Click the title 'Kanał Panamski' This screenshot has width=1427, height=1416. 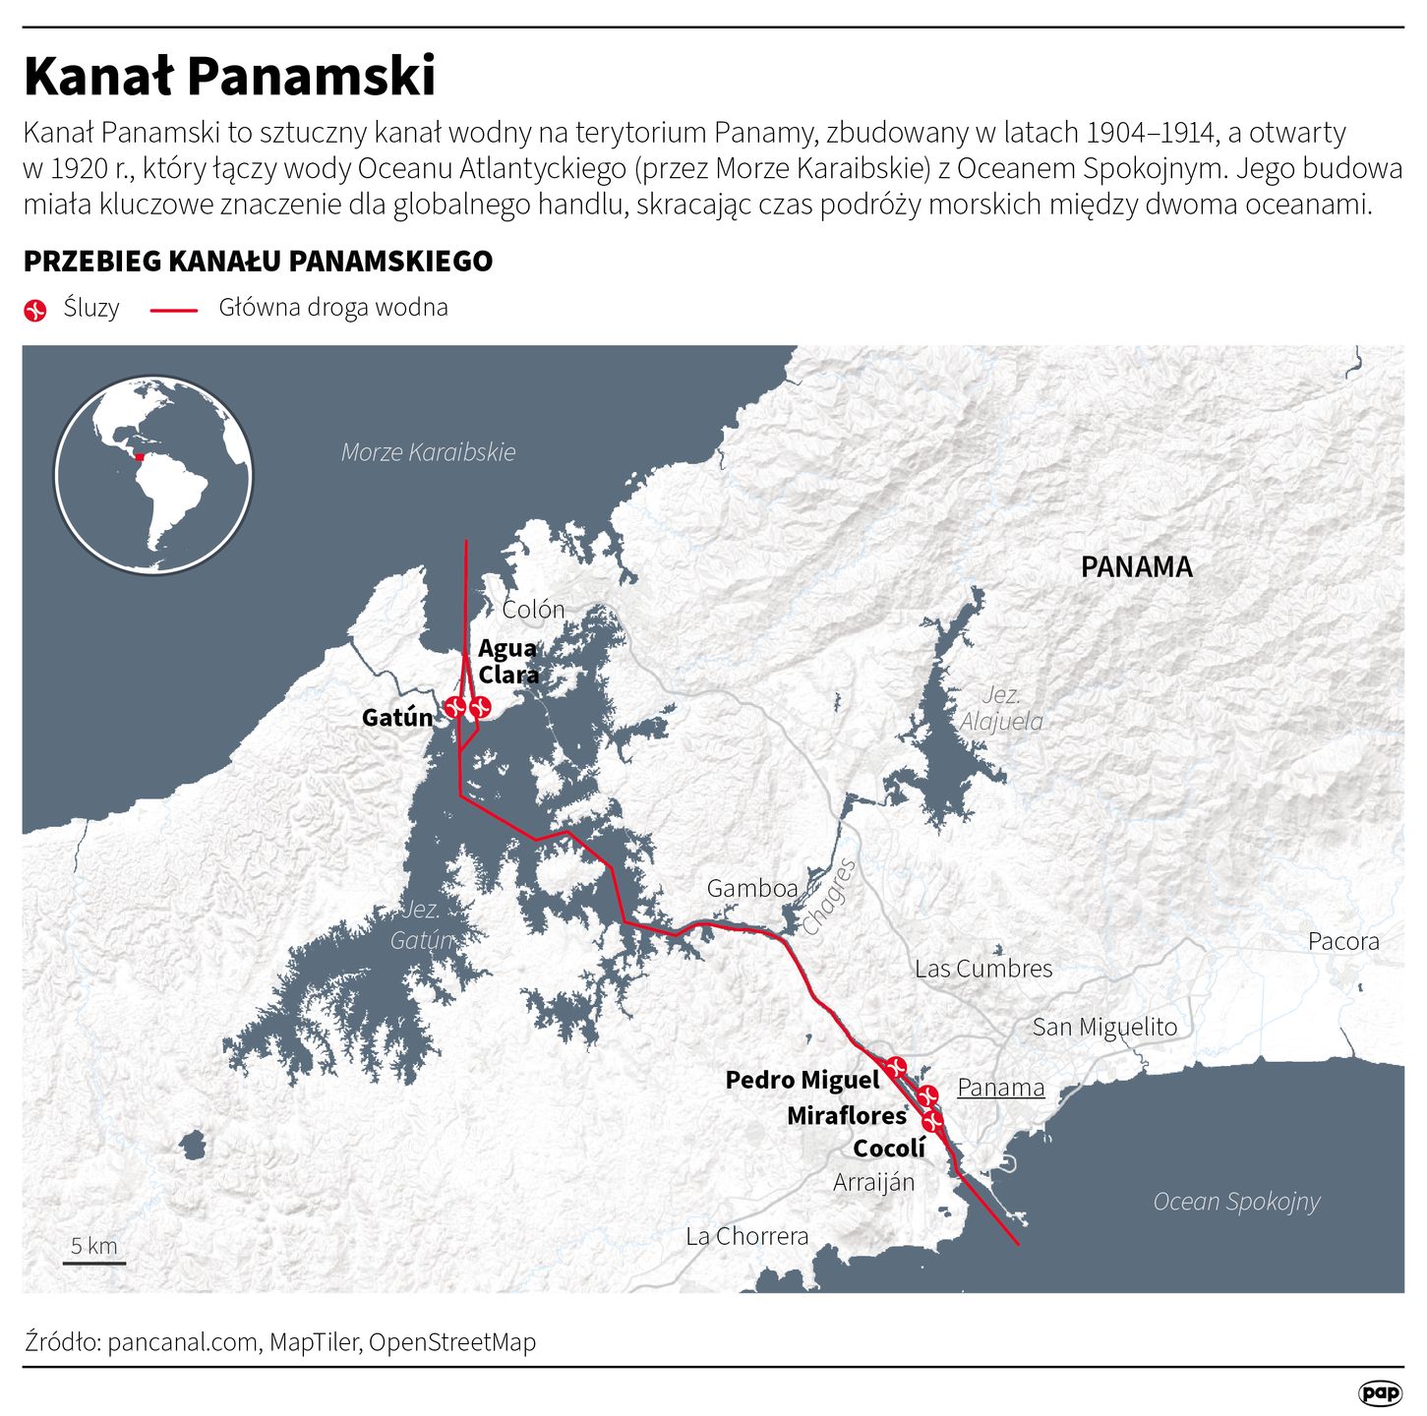(x=229, y=76)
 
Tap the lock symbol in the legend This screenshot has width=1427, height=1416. (x=35, y=311)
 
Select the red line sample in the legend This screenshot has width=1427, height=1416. (x=174, y=311)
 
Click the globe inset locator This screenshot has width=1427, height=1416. (x=153, y=474)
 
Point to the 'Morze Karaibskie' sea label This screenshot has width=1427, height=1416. (x=428, y=452)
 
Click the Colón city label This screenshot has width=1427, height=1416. (x=533, y=610)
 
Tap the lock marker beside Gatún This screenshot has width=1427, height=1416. (x=453, y=706)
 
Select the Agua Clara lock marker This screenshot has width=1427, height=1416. (x=480, y=706)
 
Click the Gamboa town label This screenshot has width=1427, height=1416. (x=752, y=889)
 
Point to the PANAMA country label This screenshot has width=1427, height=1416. (x=1136, y=567)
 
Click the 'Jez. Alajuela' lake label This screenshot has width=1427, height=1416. (x=1001, y=708)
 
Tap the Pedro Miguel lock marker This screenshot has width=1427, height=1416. (x=895, y=1066)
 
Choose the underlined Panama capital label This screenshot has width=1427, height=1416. (x=1000, y=1088)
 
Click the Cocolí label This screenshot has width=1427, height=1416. (x=889, y=1149)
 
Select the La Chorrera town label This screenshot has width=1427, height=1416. (x=747, y=1236)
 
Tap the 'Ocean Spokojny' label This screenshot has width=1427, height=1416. (x=1236, y=1202)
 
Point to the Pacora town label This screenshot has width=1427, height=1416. (x=1343, y=941)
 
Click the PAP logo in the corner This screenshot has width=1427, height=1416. (x=1380, y=1392)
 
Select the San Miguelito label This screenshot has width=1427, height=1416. (x=1104, y=1028)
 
